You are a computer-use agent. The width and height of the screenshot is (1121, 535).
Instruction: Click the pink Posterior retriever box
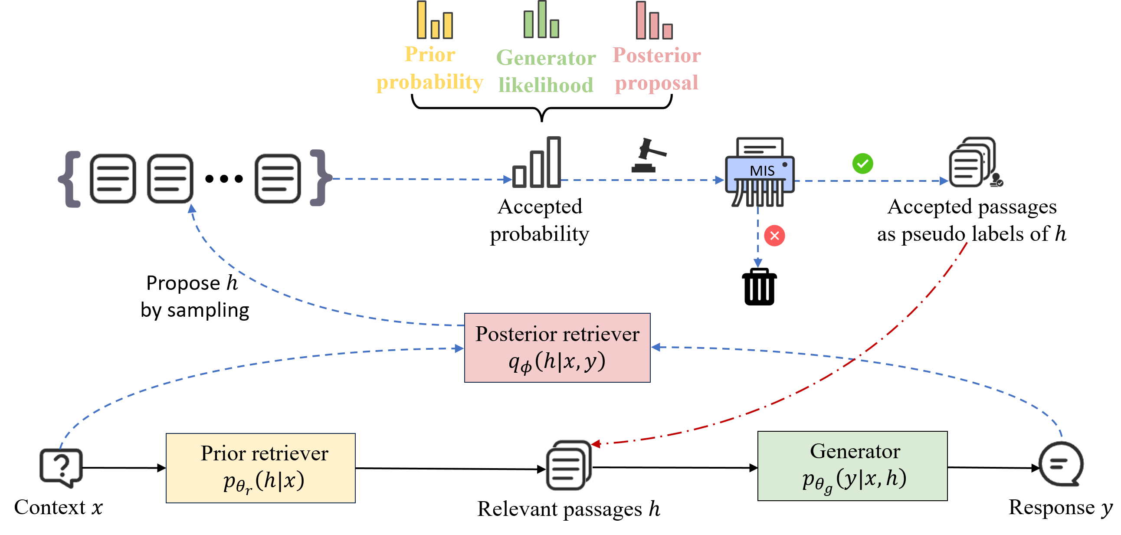557,348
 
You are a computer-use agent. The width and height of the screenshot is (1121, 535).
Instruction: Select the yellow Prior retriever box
260,468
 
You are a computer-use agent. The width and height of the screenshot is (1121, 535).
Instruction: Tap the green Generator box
852,466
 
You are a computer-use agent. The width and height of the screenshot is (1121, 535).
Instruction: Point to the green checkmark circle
862,164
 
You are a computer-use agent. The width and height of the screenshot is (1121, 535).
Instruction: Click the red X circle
774,236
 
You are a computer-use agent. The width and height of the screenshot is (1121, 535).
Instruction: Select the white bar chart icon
536,163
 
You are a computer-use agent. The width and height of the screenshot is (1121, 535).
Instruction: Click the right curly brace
320,177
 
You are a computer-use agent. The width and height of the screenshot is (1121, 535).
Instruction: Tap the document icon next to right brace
278,178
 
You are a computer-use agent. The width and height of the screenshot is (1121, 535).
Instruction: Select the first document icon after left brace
113,178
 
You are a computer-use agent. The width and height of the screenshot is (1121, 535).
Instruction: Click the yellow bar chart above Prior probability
434,21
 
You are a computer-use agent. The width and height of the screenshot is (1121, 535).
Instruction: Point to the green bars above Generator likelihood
541,20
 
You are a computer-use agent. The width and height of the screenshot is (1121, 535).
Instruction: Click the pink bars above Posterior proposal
654,21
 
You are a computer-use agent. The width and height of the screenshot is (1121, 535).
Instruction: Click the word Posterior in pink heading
656,55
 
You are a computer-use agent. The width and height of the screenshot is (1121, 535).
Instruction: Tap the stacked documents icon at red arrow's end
568,465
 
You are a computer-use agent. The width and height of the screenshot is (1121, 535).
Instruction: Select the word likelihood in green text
545,85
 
